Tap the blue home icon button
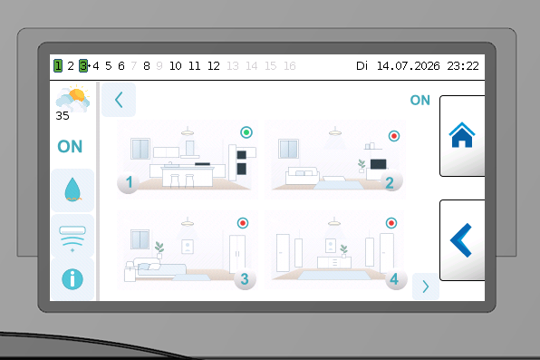click(462, 135)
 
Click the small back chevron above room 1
click(119, 100)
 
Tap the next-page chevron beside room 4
click(426, 287)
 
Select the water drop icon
click(72, 190)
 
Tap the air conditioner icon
click(72, 237)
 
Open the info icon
click(72, 279)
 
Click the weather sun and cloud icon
click(72, 99)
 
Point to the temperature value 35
click(63, 116)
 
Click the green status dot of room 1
click(246, 132)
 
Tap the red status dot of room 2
click(394, 136)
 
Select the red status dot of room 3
click(243, 223)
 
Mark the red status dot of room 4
click(391, 223)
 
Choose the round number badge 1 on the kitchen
click(129, 182)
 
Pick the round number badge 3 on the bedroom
click(245, 279)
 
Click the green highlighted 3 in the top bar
click(83, 65)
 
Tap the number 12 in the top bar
click(214, 66)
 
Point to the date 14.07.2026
click(408, 66)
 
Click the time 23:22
click(463, 66)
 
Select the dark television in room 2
click(378, 164)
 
